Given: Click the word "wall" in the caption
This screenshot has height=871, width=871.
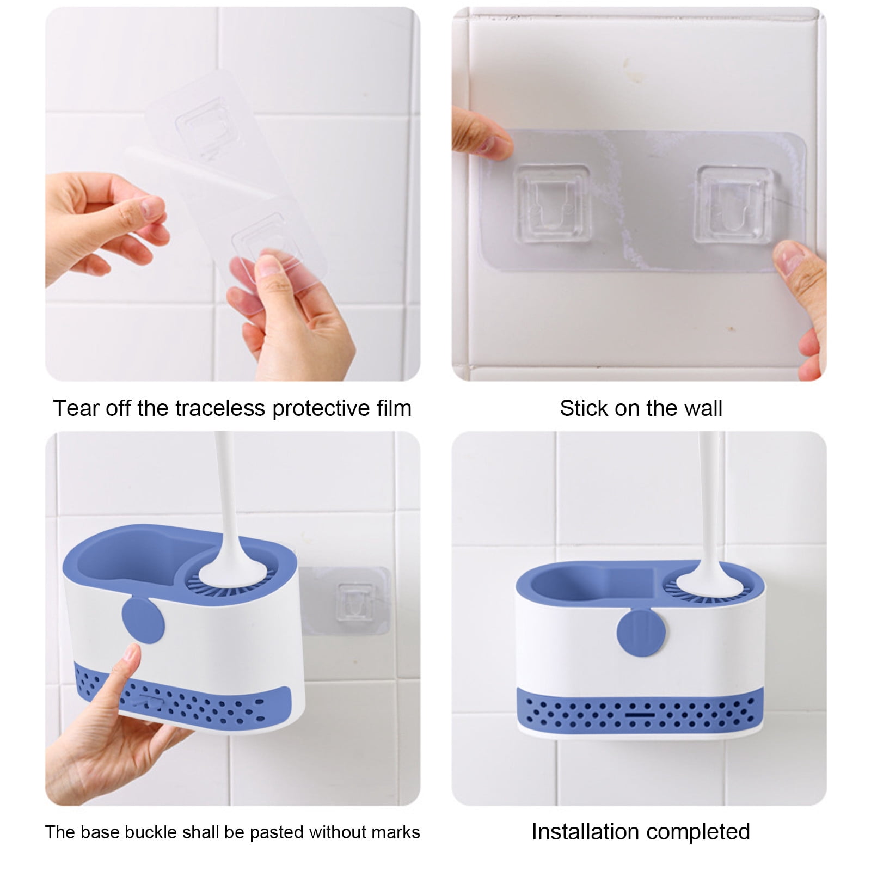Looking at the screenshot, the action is coord(703,408).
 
